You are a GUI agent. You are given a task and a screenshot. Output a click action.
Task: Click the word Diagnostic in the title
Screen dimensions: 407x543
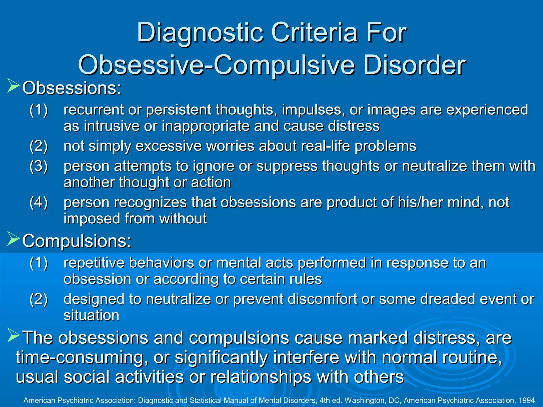click(x=200, y=33)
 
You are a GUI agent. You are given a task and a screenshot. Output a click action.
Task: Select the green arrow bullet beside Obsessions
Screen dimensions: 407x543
click(x=13, y=85)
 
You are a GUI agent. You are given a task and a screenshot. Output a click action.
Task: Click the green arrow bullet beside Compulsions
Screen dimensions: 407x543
click(x=13, y=238)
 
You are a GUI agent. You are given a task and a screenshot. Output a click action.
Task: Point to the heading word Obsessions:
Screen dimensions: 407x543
click(x=72, y=88)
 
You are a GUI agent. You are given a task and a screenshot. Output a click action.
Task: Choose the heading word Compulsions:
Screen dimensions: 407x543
click(x=77, y=241)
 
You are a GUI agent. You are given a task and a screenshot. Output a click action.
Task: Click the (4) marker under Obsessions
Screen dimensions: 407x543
click(x=39, y=202)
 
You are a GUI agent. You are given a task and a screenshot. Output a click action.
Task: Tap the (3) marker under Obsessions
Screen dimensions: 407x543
click(x=39, y=166)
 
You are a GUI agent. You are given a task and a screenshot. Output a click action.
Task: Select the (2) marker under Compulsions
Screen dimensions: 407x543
click(x=39, y=299)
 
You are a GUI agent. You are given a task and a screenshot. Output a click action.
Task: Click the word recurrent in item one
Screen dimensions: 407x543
click(x=94, y=110)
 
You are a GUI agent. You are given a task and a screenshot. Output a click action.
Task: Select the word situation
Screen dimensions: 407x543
click(x=91, y=316)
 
